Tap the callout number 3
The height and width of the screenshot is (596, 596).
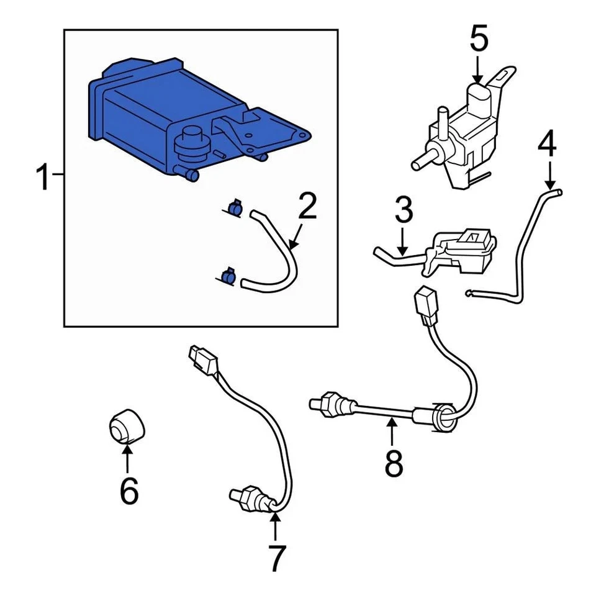coord(403,211)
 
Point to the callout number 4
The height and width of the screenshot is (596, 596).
coord(547,144)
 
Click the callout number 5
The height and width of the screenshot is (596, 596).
coord(478,38)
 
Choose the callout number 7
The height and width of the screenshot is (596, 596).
coord(275,558)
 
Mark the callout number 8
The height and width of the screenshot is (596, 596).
coord(394,462)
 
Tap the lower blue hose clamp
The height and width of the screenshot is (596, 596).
coord(227,275)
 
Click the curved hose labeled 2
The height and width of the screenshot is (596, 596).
coord(286,261)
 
